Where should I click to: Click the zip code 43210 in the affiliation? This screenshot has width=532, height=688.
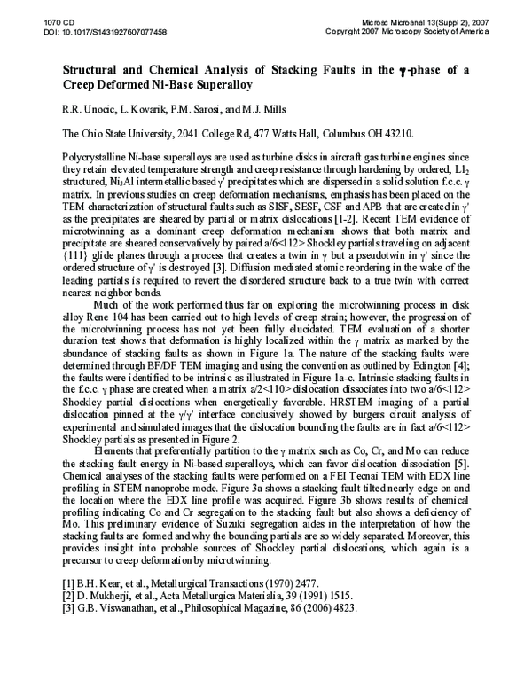(395, 134)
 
